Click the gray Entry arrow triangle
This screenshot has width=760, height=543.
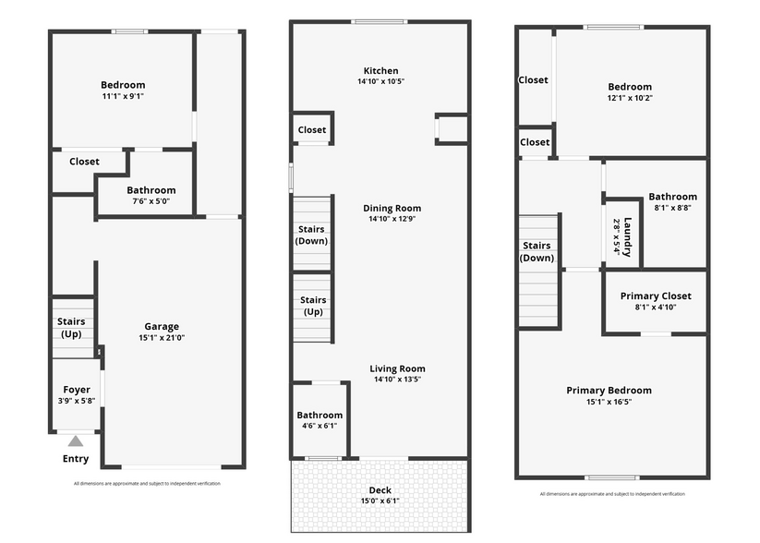(x=75, y=440)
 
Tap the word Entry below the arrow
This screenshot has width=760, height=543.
(x=76, y=459)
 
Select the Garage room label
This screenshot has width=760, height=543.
(x=162, y=326)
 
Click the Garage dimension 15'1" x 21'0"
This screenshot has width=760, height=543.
(x=162, y=337)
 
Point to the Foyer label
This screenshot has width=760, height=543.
(x=77, y=390)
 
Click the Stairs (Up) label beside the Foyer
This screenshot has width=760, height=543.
(x=71, y=327)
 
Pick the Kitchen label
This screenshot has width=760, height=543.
(x=381, y=71)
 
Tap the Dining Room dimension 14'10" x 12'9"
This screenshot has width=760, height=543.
(x=392, y=219)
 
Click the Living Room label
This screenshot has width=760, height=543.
(x=397, y=368)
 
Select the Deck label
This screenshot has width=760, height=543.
(x=380, y=490)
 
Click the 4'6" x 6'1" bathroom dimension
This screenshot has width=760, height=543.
(x=320, y=426)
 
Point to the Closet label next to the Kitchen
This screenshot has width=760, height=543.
(x=311, y=130)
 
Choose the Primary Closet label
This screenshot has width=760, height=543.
(x=656, y=296)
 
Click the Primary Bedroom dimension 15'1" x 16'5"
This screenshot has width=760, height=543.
(x=609, y=402)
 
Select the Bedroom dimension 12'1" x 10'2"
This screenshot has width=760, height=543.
(x=630, y=98)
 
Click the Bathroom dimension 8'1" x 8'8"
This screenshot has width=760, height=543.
(x=673, y=208)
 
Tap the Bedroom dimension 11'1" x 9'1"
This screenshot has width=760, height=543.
(x=123, y=96)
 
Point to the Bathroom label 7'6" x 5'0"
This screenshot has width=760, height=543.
(x=151, y=190)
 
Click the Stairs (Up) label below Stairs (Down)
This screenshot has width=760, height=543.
(x=313, y=306)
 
